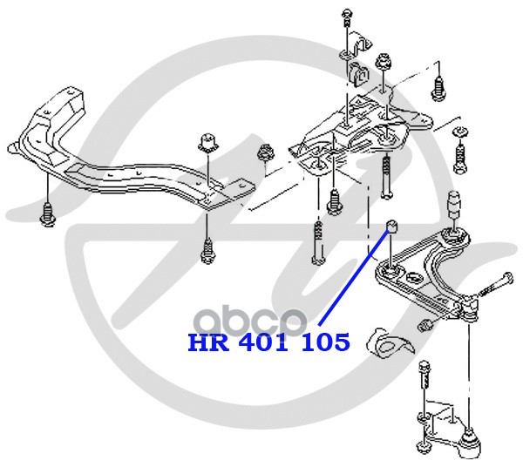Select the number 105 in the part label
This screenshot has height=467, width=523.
point(326,342)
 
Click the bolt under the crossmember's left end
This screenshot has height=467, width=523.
point(47,213)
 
